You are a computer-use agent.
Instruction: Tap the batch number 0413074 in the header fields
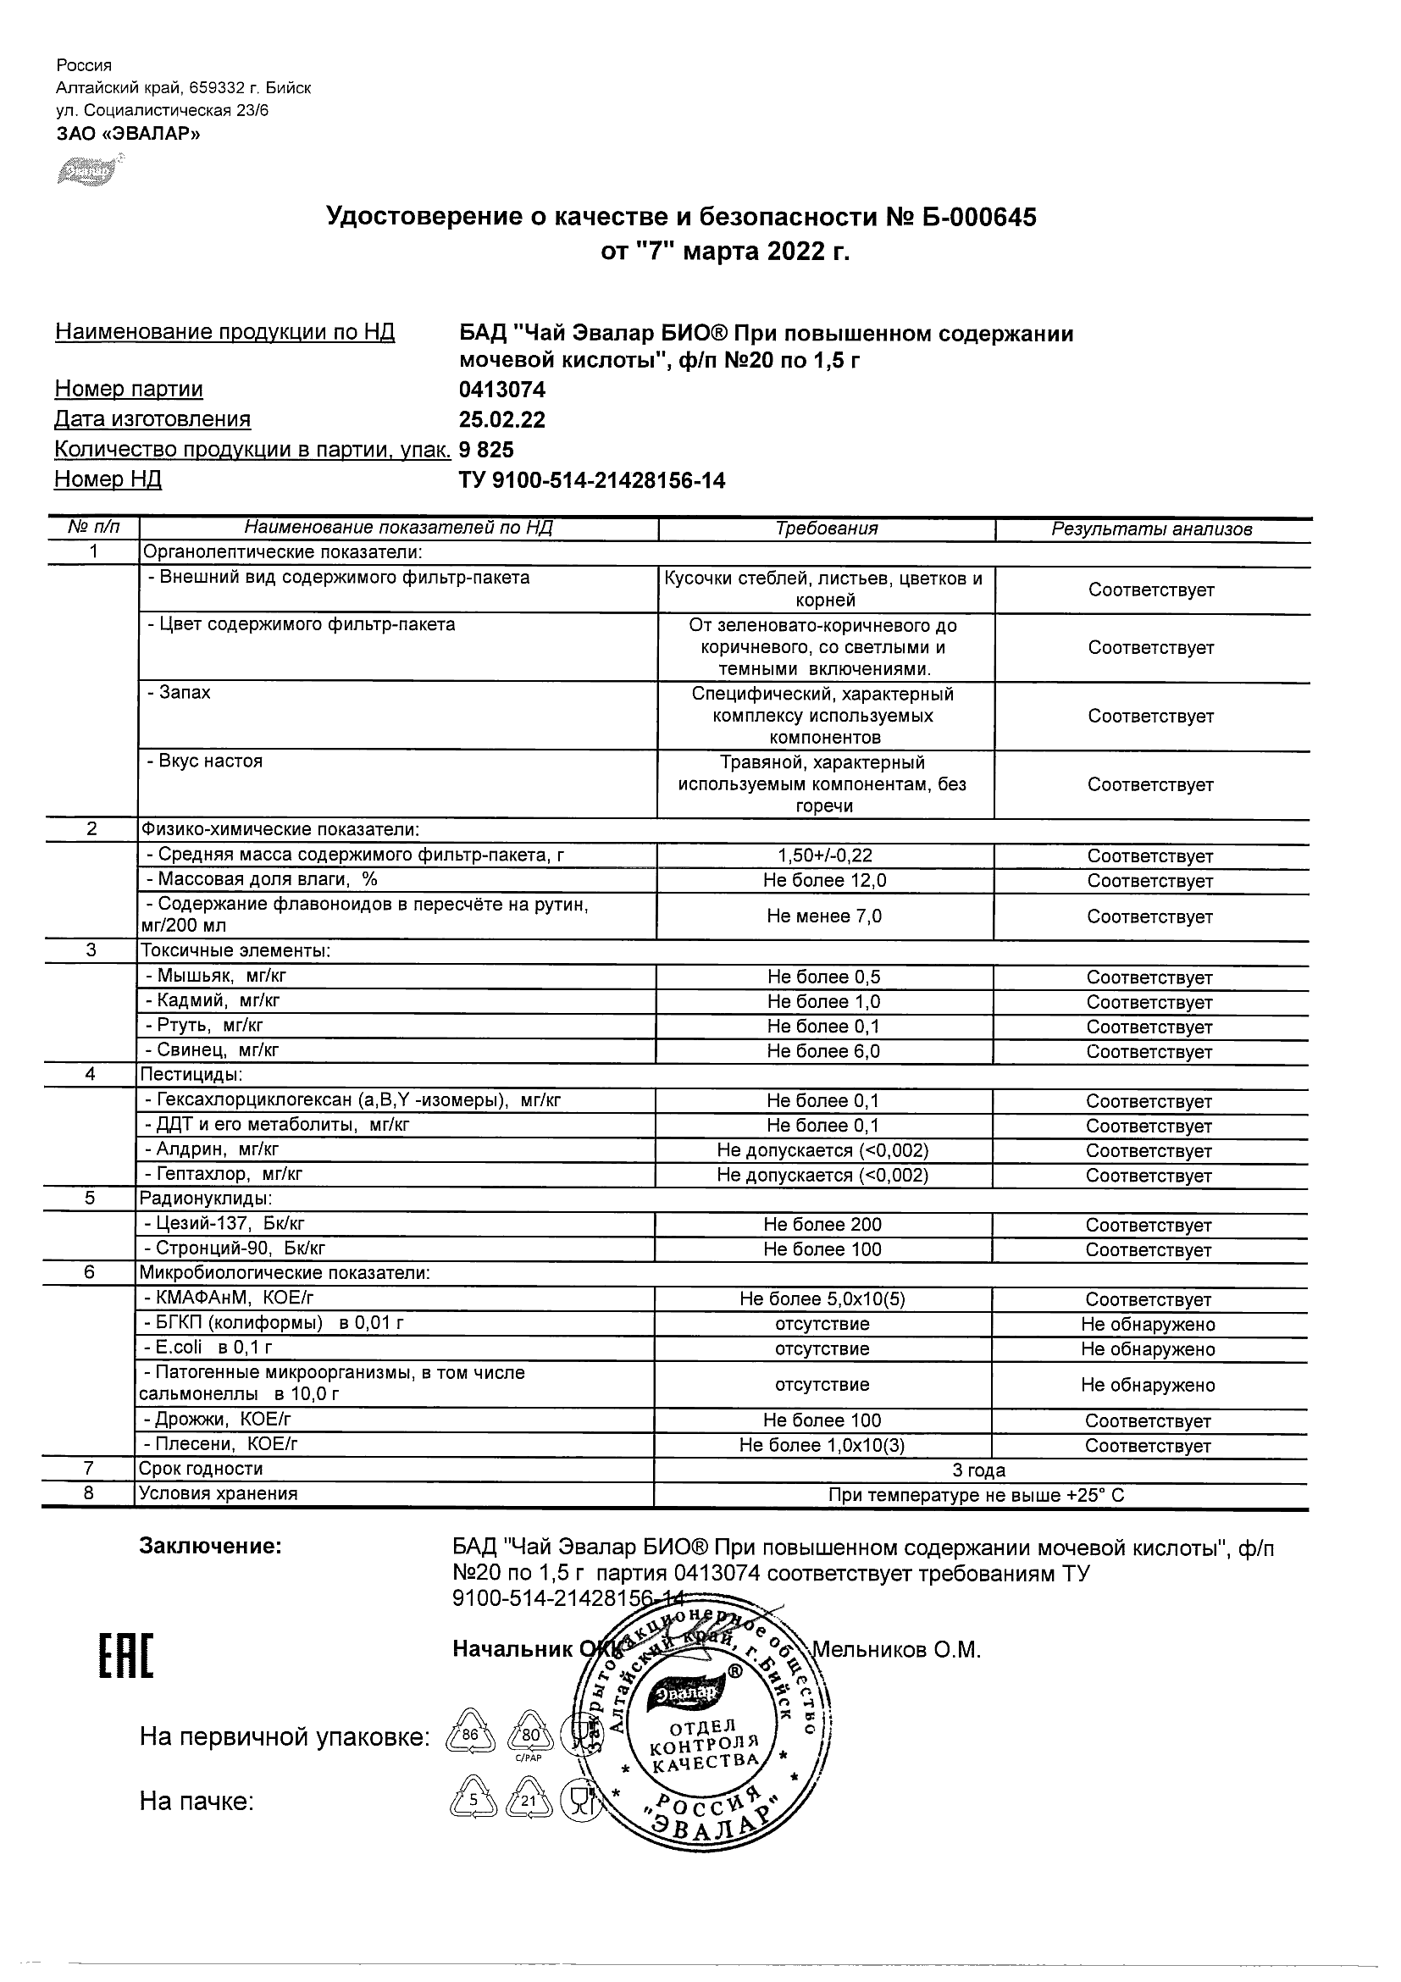(x=501, y=390)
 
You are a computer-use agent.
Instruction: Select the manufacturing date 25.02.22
(x=501, y=419)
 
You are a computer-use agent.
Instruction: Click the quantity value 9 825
(x=486, y=450)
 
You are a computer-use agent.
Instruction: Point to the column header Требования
(x=826, y=529)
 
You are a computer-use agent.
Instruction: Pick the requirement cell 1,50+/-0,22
(x=824, y=855)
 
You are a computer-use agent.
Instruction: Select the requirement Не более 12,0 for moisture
(x=824, y=881)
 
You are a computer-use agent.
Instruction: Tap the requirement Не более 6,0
(x=823, y=1051)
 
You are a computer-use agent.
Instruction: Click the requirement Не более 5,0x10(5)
(x=822, y=1299)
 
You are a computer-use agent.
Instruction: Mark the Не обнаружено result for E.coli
(x=1147, y=1349)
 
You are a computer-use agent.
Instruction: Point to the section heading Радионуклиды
(x=207, y=1199)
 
